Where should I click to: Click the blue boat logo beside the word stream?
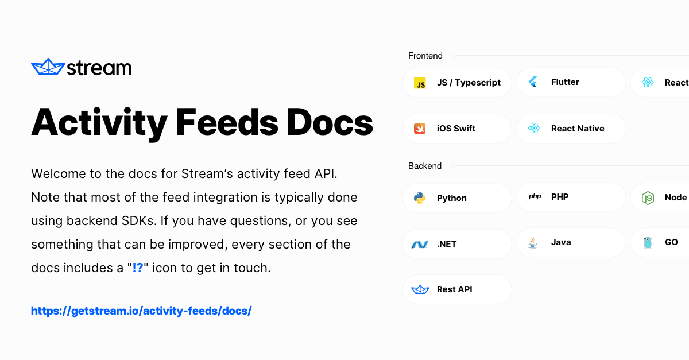pyautogui.click(x=47, y=67)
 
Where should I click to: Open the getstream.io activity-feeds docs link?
pyautogui.click(x=141, y=311)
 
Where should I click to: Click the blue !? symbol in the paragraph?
pyautogui.click(x=138, y=268)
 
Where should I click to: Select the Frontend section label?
pyautogui.click(x=425, y=56)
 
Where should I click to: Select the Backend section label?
pyautogui.click(x=424, y=166)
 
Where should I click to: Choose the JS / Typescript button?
pyautogui.click(x=456, y=83)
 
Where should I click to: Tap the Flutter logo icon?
pyautogui.click(x=533, y=82)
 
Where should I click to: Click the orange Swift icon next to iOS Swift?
pyautogui.click(x=420, y=129)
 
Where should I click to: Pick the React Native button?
pyautogui.click(x=571, y=129)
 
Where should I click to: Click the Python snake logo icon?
pyautogui.click(x=420, y=198)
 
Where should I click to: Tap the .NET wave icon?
pyautogui.click(x=420, y=244)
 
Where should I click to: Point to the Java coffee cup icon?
pyautogui.click(x=533, y=243)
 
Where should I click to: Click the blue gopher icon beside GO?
pyautogui.click(x=648, y=243)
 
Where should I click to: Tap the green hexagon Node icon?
pyautogui.click(x=648, y=198)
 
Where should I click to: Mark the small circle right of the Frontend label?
pyautogui.click(x=454, y=56)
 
